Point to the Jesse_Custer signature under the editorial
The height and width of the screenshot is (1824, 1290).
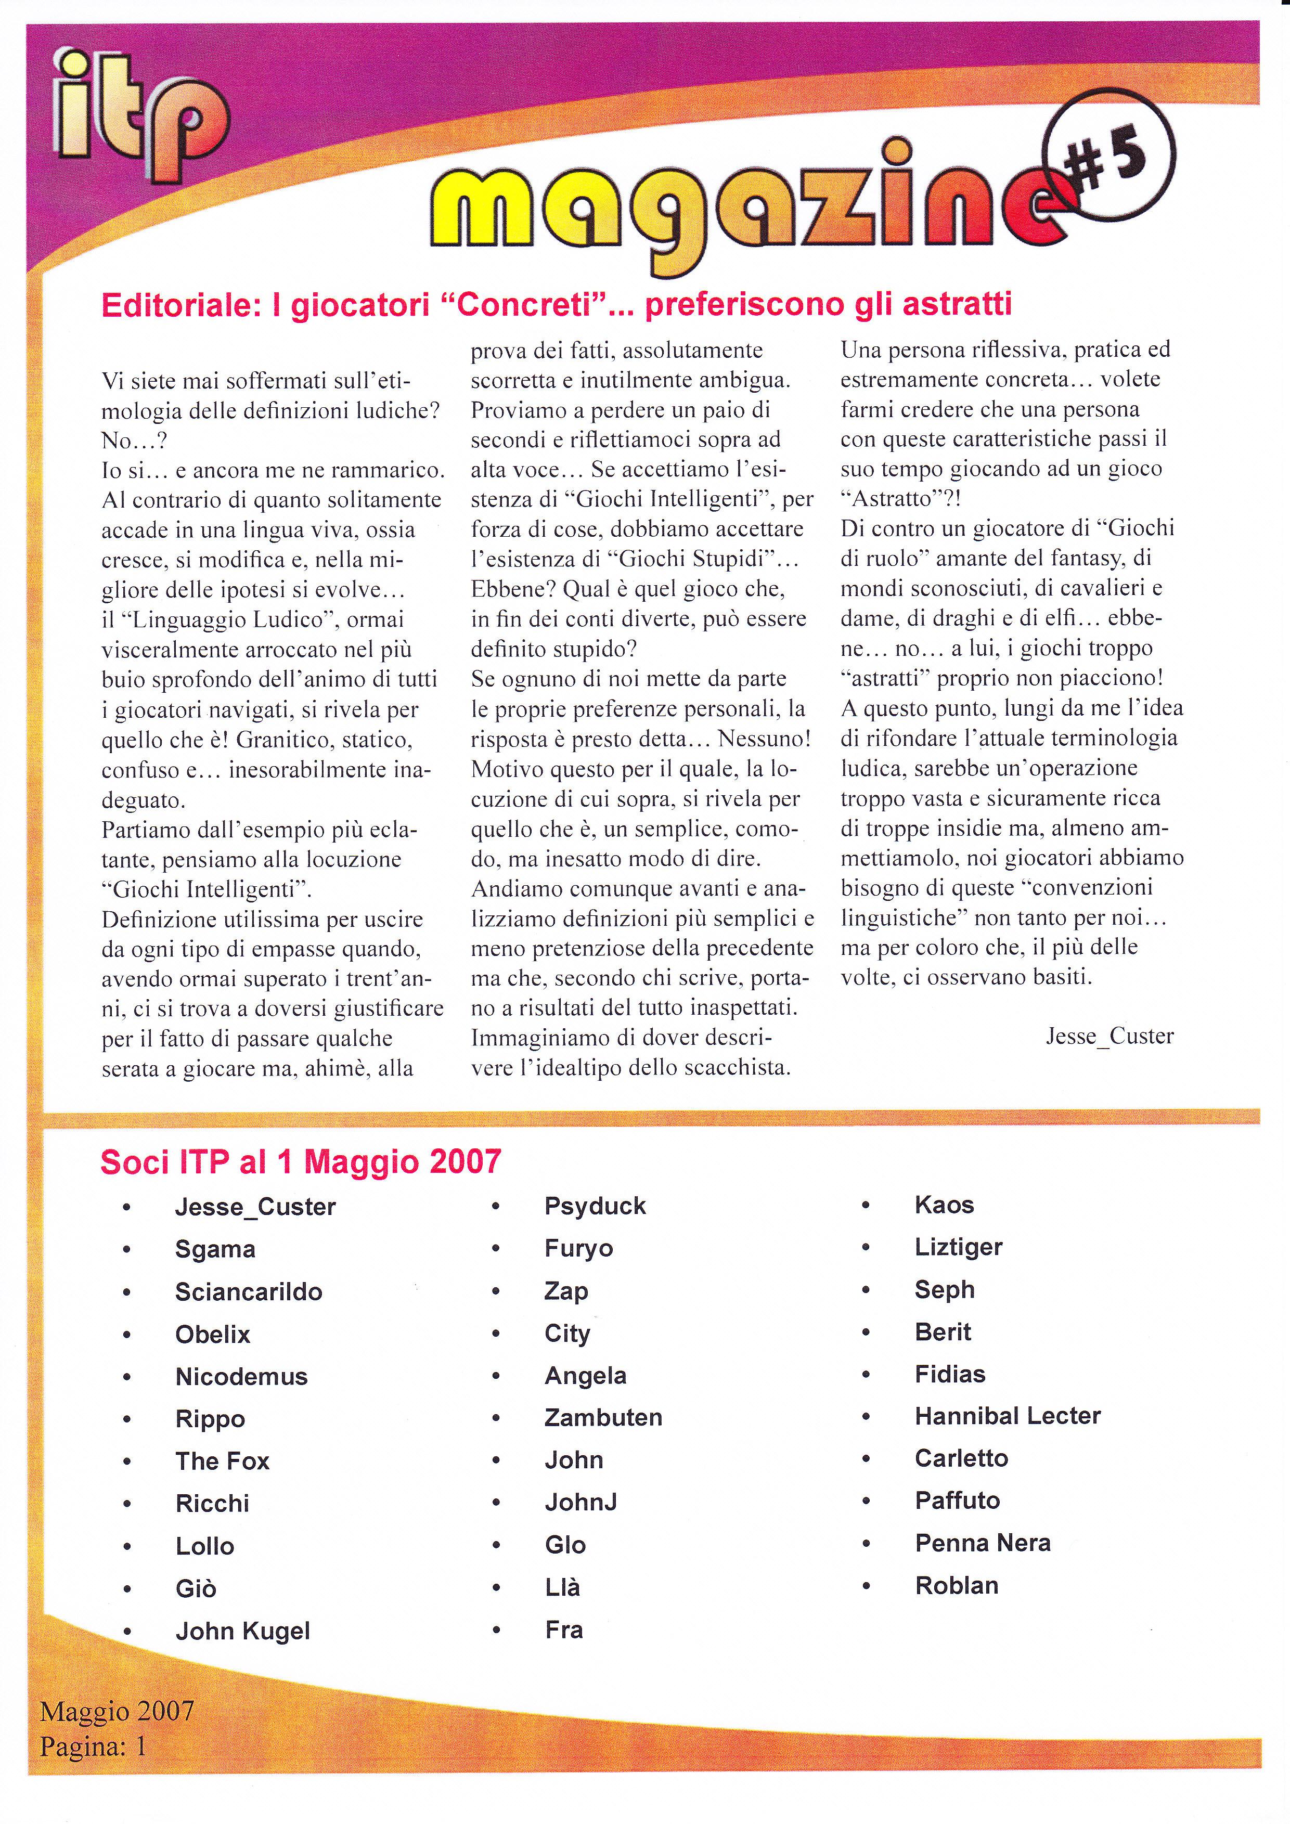click(x=1109, y=1036)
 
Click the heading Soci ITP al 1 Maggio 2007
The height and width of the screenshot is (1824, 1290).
click(x=300, y=1161)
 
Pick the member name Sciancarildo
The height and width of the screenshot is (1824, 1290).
click(x=249, y=1292)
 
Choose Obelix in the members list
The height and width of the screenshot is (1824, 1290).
click(x=212, y=1335)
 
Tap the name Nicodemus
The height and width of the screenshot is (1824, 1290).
click(x=241, y=1377)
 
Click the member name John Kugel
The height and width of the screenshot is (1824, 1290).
click(x=242, y=1631)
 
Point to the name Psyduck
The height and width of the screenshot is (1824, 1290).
click(x=595, y=1207)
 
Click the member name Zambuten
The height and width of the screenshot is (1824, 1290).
click(x=603, y=1418)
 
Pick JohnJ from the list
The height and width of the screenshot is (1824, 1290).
click(x=580, y=1502)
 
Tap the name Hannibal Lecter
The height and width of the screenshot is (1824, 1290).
click(x=1007, y=1416)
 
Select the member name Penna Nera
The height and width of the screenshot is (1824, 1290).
click(x=983, y=1543)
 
